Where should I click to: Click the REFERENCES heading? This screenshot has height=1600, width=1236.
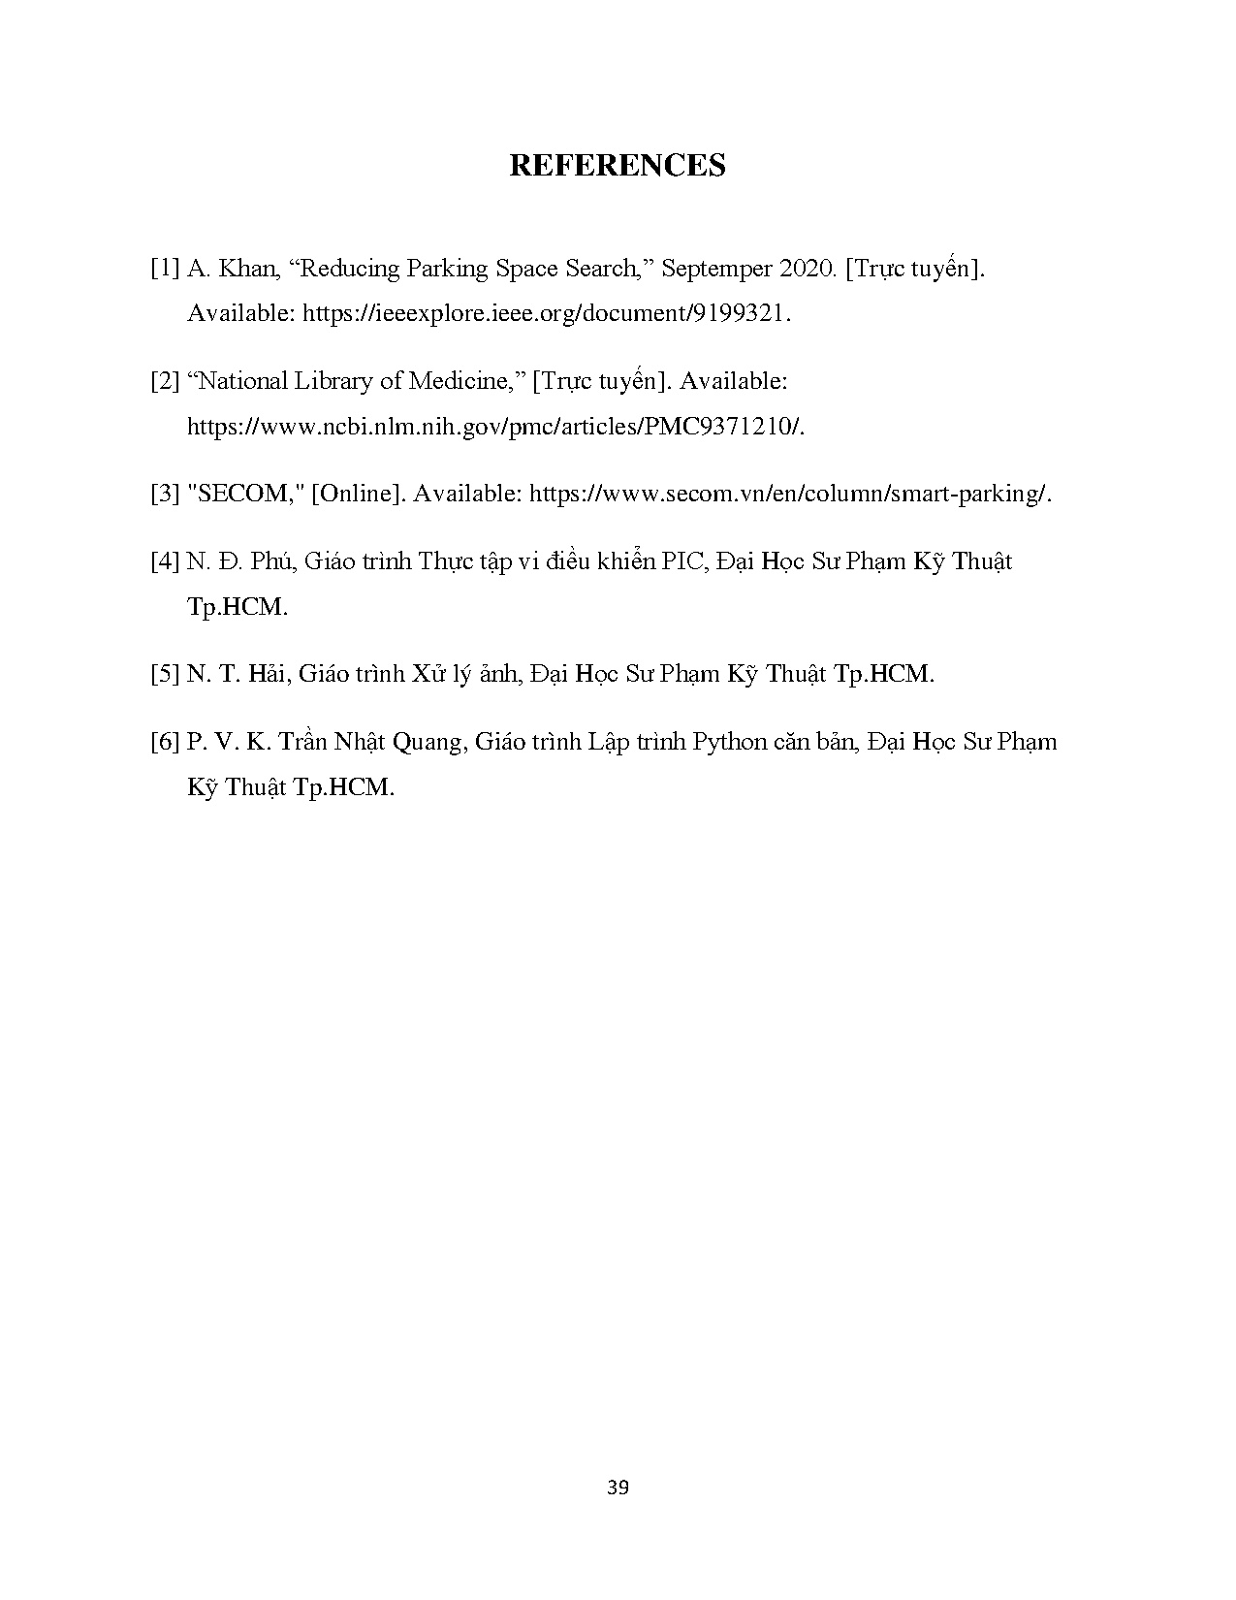[x=617, y=166]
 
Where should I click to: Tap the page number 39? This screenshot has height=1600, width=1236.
[x=618, y=1488]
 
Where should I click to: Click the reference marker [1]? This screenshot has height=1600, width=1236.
[x=165, y=270]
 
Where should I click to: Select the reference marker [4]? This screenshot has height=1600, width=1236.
[x=165, y=561]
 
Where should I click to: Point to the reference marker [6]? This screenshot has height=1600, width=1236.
[x=165, y=743]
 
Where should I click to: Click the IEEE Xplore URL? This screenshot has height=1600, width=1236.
[x=547, y=314]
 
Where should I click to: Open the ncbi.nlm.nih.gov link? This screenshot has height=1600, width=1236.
[x=495, y=427]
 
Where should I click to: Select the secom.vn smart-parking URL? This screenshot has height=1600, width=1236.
[x=790, y=494]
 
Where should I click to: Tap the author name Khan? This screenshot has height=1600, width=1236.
[x=249, y=270]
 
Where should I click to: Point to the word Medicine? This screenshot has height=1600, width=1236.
[x=460, y=382]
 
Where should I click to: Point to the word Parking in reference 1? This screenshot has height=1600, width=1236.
[x=447, y=270]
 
